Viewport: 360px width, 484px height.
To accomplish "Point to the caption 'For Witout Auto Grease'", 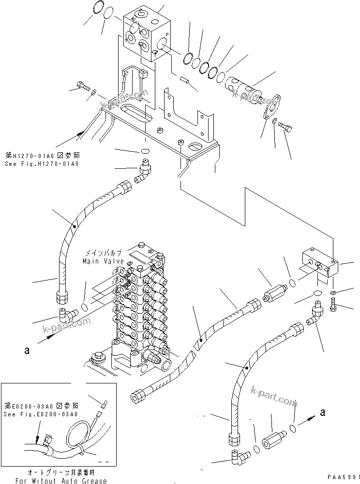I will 60,480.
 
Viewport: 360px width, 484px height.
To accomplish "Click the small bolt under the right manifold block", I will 334,304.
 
